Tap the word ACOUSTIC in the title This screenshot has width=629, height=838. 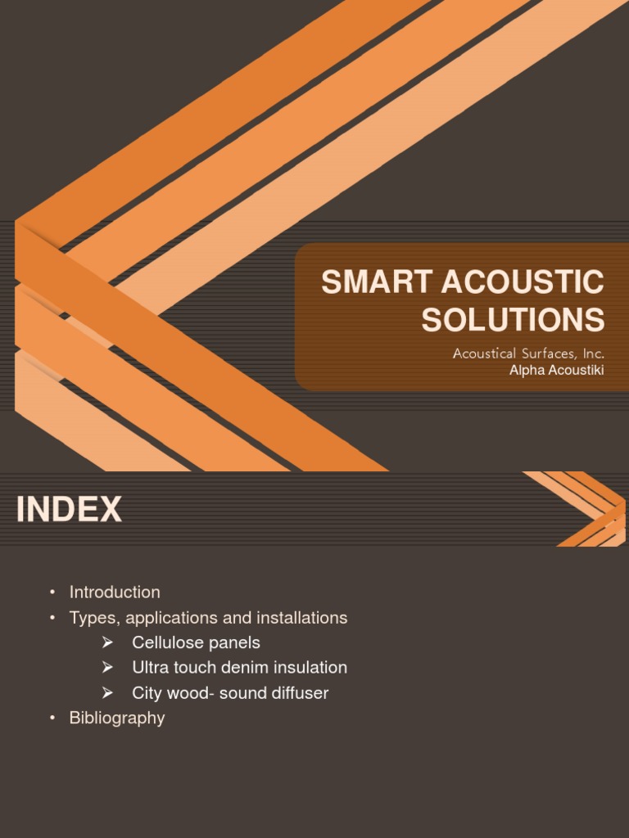tap(523, 283)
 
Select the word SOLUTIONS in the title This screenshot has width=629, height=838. tap(513, 320)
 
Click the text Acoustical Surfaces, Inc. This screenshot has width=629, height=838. tap(528, 354)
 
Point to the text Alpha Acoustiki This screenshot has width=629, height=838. tap(557, 371)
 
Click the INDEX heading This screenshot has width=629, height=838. tap(69, 510)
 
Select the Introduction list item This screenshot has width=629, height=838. tap(115, 592)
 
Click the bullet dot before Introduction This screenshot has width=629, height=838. tap(52, 592)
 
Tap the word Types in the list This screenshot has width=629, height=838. tap(92, 618)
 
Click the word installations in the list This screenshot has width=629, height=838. tap(306, 618)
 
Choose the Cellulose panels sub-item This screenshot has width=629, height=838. tap(196, 643)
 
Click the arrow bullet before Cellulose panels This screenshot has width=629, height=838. tap(106, 643)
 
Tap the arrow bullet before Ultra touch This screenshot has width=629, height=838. tap(106, 668)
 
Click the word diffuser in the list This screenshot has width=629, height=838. tap(298, 693)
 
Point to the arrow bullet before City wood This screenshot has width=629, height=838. tap(106, 693)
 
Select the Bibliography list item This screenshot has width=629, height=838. tap(117, 718)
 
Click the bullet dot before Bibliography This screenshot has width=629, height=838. tap(52, 719)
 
